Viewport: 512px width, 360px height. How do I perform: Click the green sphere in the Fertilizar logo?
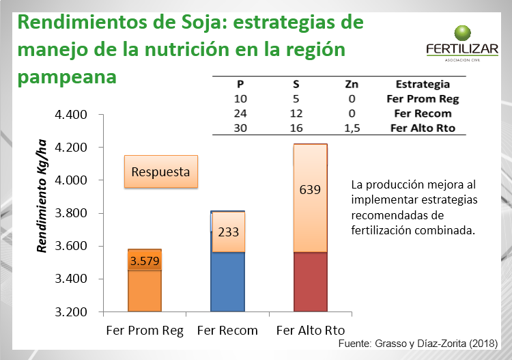[464, 33]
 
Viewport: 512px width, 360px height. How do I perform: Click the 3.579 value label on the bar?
[145, 261]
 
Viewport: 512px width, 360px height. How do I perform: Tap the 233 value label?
[228, 232]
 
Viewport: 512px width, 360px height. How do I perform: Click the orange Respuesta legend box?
[160, 171]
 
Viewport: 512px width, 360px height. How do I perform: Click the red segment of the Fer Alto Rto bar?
[310, 281]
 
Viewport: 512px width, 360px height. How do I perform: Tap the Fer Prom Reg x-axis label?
[145, 331]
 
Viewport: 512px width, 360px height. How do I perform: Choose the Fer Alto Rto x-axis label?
[311, 331]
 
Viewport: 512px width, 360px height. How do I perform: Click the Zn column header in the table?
[352, 85]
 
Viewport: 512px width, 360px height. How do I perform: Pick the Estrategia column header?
[423, 85]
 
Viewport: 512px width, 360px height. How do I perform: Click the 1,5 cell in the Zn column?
[352, 128]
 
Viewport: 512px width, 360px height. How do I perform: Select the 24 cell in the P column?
[240, 113]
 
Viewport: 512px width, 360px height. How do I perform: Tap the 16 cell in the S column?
[296, 128]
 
